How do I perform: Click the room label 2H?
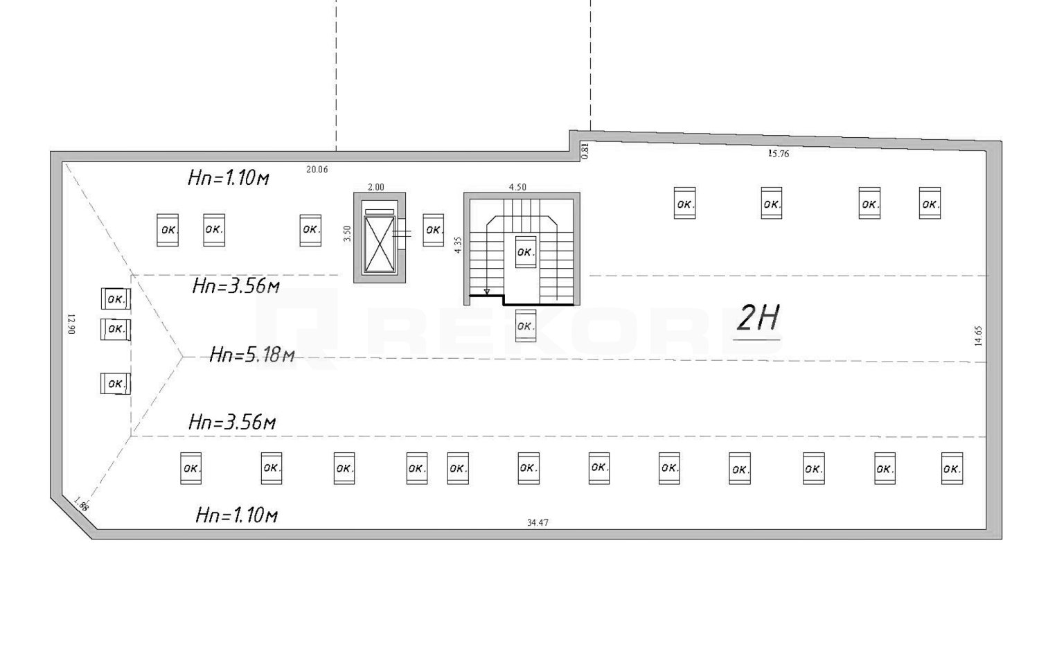(758, 318)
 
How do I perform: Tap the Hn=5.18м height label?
(252, 355)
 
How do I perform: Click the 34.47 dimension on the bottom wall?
(538, 523)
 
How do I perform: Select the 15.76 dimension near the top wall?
(779, 154)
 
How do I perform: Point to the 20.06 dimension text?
(317, 170)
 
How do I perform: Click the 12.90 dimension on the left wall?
(71, 324)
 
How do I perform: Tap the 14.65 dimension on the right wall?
(978, 336)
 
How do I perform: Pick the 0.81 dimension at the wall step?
(585, 151)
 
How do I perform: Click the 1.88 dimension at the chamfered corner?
(81, 504)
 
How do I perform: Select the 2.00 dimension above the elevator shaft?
(375, 187)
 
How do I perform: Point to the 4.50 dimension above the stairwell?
(517, 187)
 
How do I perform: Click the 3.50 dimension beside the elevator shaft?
(348, 233)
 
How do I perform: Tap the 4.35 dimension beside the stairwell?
(459, 244)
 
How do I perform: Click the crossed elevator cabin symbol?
(380, 244)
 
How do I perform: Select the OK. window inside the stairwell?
(526, 252)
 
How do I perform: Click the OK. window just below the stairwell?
(526, 326)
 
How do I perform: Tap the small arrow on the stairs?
(486, 292)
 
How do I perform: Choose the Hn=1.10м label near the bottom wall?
(237, 515)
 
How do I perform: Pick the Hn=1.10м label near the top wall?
(228, 177)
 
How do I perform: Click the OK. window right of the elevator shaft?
(433, 230)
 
